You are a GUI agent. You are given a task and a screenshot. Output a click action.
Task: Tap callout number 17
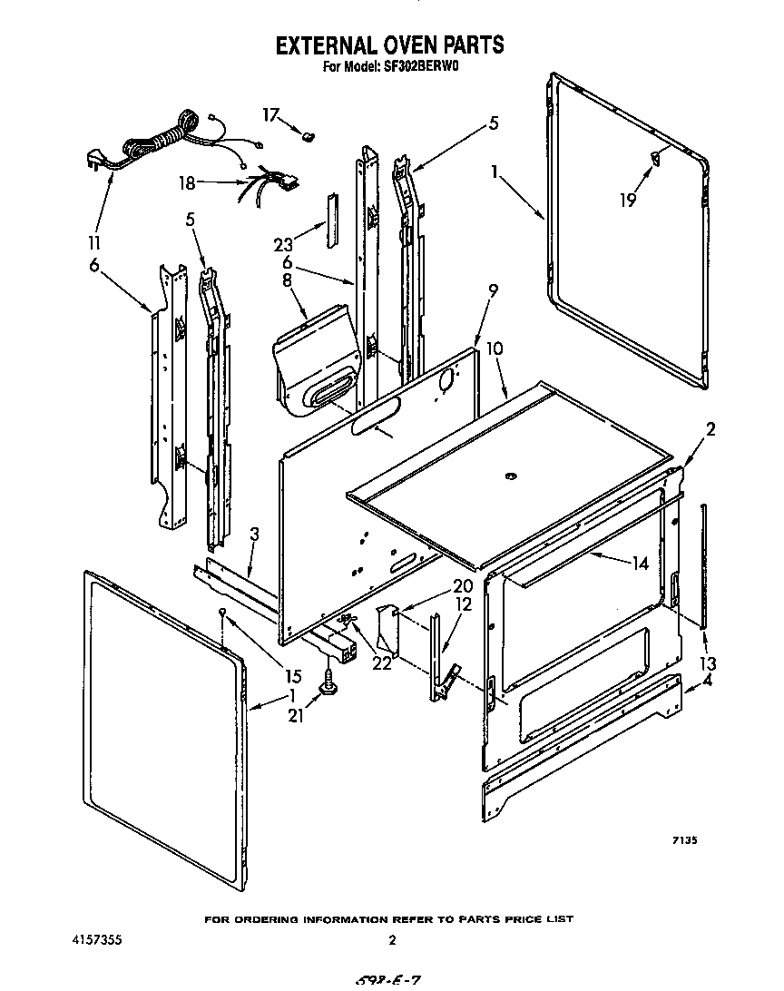coord(270,115)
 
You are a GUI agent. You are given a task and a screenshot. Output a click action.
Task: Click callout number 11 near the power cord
coord(94,243)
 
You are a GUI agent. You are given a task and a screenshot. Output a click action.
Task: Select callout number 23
coord(283,243)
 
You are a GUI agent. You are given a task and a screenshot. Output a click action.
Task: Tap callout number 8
coord(289,281)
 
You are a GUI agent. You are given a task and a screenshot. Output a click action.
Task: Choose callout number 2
coord(710,430)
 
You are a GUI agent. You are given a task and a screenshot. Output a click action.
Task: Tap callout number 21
coord(297,717)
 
